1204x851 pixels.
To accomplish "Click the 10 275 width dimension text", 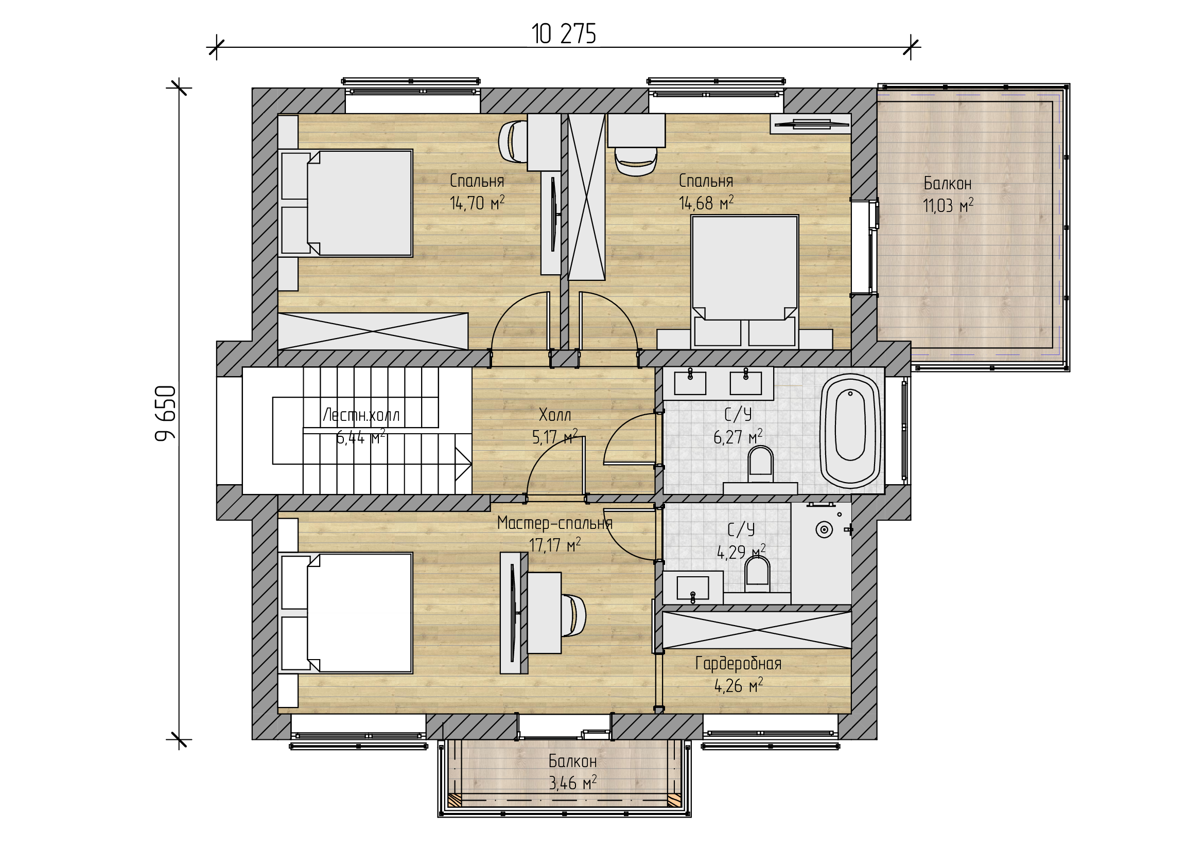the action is coord(564,34).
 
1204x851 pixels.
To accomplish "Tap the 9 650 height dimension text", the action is coord(166,414).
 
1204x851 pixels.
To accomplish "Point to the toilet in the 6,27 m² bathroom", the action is coord(761,464).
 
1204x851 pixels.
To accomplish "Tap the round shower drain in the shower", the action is coord(824,530).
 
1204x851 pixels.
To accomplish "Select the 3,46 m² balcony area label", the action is coord(572,784).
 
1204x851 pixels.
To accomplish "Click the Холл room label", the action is coord(555,415).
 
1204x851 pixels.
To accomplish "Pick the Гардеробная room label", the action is coord(738,664).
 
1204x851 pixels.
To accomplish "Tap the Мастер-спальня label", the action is coord(555,523).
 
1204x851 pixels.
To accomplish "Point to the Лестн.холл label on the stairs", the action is coord(361,415).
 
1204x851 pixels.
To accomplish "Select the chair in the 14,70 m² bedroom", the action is coord(512,141).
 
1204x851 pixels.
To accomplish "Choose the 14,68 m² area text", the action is coord(706,202).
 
